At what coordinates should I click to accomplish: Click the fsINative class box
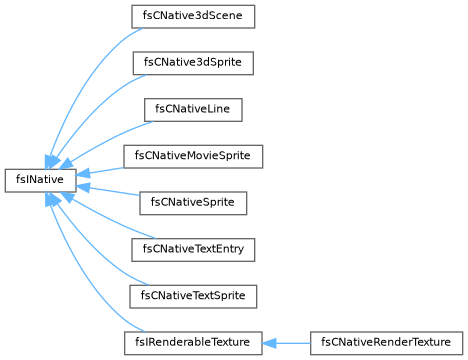coord(40,180)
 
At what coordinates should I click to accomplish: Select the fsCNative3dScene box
coord(193,16)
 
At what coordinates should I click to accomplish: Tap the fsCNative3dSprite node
coord(193,63)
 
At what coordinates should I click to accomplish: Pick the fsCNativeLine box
coord(193,110)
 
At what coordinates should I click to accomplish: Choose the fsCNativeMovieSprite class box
coord(193,156)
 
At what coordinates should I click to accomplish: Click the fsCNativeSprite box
coord(193,203)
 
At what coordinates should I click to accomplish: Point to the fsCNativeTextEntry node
coord(193,250)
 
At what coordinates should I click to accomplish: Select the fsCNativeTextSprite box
coord(193,296)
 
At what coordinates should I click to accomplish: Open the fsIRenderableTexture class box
coord(193,343)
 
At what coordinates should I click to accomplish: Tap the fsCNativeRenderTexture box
coord(386,343)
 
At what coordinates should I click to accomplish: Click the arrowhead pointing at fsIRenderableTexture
coord(269,343)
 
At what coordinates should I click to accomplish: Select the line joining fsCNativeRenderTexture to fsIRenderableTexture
coord(286,343)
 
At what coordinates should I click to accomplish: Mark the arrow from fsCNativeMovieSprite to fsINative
coord(100,171)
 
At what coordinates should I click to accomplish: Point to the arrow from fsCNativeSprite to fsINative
coord(107,191)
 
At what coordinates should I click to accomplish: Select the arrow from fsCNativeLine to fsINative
coord(106,140)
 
